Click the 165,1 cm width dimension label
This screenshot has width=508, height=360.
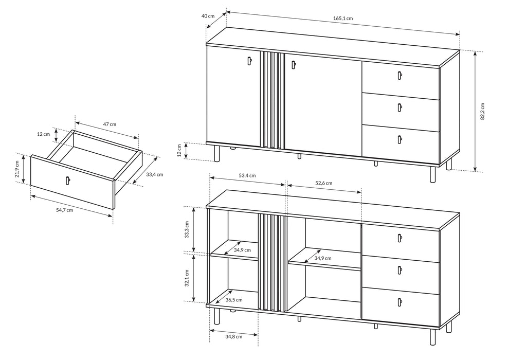pos(343,19)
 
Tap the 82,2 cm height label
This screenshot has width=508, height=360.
pos(482,112)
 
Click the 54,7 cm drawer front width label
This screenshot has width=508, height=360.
pos(64,210)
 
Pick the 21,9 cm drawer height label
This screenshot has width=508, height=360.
pos(17,169)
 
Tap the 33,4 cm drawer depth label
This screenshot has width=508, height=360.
pos(155,174)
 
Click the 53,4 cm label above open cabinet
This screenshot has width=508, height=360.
pos(247,175)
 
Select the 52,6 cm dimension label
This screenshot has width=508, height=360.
pos(323,183)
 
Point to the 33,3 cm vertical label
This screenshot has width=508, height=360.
pos(187,229)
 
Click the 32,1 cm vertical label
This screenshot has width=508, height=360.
pos(187,278)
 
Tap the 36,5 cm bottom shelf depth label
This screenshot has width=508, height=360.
pos(234,300)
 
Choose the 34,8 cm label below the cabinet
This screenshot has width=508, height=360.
pos(234,336)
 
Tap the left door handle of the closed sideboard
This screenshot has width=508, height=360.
pos(249,61)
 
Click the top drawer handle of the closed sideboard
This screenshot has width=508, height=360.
pos(400,75)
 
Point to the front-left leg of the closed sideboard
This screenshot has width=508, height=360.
pos(216,153)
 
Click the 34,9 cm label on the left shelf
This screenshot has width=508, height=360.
pos(242,250)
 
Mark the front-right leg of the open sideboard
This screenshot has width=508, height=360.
pos(432,337)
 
